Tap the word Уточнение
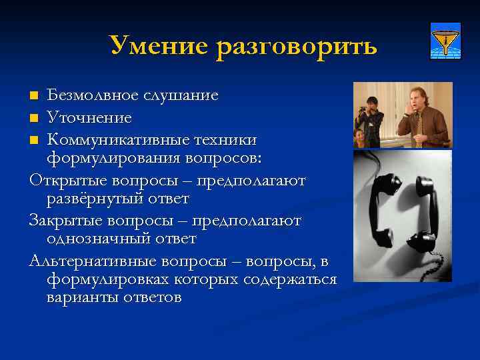(x=89, y=117)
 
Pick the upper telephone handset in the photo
(x=388, y=193)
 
